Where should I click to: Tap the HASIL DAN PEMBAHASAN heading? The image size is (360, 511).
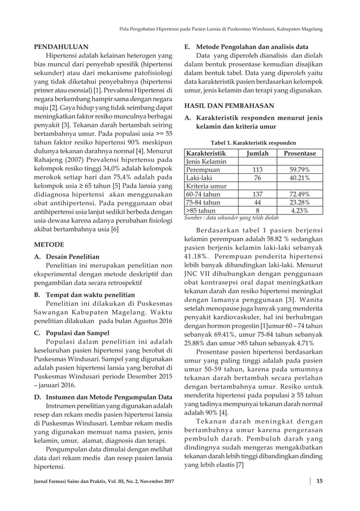[x=230, y=105]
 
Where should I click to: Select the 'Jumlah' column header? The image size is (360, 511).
[x=257, y=153]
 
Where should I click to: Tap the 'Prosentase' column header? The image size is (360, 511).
[x=300, y=153]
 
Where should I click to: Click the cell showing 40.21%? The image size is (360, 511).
[x=300, y=178]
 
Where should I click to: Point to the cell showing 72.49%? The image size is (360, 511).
[x=300, y=194]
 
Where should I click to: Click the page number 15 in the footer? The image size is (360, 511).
[x=319, y=481]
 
